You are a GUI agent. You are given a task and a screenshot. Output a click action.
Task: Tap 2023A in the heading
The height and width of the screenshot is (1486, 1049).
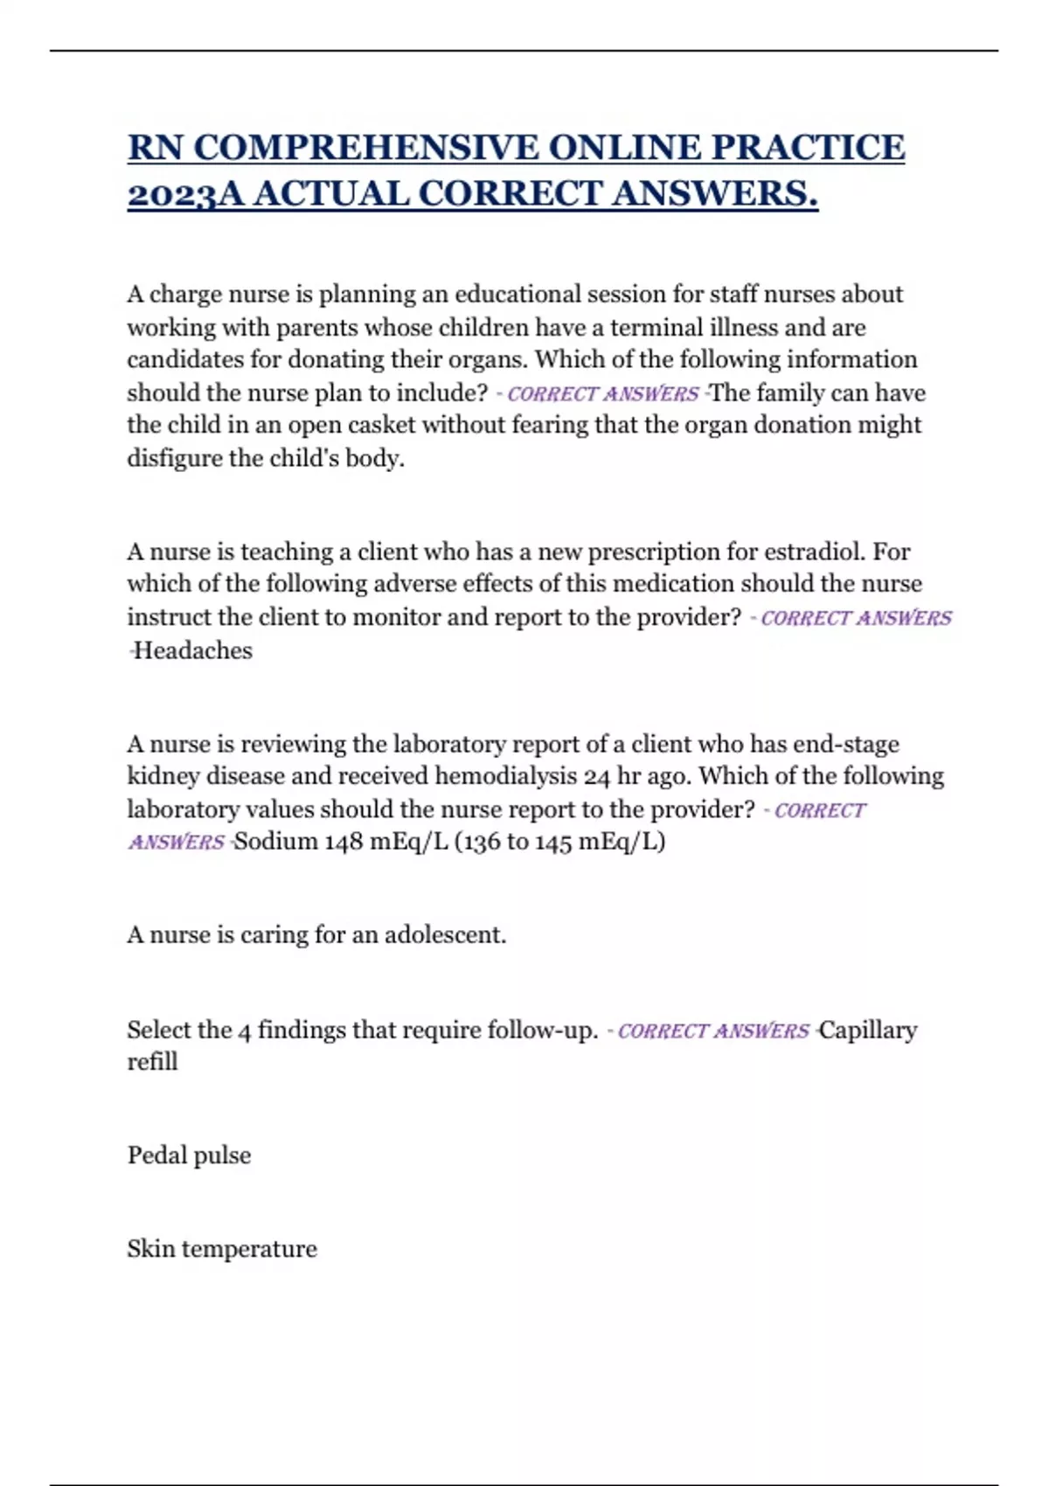tap(172, 193)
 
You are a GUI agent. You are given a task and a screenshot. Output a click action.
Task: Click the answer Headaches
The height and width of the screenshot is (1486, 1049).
tap(192, 650)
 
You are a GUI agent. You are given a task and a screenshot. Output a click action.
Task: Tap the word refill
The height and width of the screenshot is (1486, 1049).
tap(152, 1062)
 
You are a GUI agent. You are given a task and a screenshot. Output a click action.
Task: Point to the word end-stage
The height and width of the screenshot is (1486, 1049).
tap(845, 744)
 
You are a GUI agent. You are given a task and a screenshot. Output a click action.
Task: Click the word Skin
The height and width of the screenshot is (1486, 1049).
tap(150, 1248)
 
